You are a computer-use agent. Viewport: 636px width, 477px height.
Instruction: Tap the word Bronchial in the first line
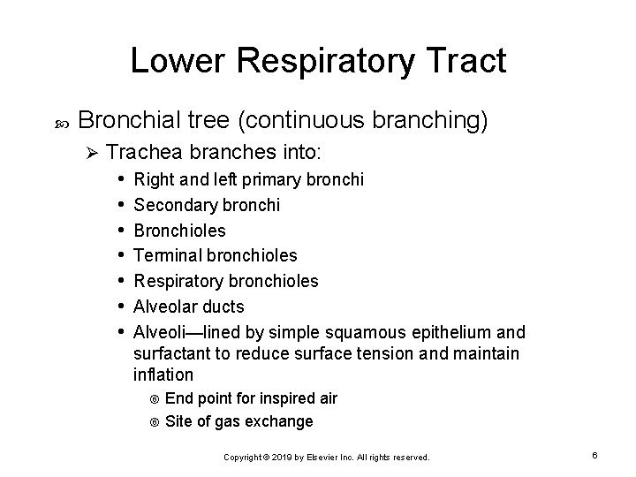pyautogui.click(x=133, y=121)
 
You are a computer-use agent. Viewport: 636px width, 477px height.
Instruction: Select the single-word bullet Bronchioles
pyautogui.click(x=179, y=231)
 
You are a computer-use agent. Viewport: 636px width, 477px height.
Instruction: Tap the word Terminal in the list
pyautogui.click(x=165, y=255)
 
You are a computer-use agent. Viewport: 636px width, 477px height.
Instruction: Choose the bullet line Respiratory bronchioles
pyautogui.click(x=226, y=281)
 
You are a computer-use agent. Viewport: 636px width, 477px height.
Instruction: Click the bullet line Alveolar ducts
pyautogui.click(x=189, y=307)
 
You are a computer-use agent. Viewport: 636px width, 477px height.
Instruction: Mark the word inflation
pyautogui.click(x=162, y=375)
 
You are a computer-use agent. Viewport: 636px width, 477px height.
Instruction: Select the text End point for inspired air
pyautogui.click(x=251, y=398)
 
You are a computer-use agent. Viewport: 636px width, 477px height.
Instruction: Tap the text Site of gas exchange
pyautogui.click(x=238, y=421)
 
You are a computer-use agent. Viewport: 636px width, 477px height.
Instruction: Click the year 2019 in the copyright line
pyautogui.click(x=279, y=458)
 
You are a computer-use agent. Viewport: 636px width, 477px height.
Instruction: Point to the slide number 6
pyautogui.click(x=595, y=455)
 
